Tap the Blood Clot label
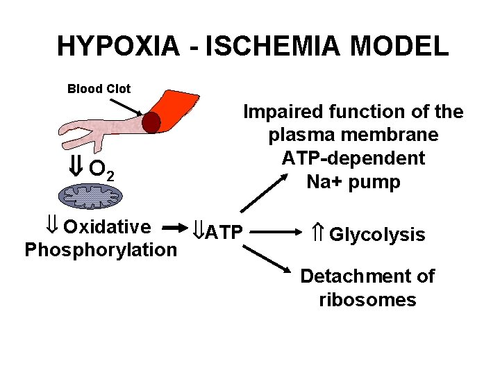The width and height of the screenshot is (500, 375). pos(99,88)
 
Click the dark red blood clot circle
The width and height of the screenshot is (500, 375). pos(151,123)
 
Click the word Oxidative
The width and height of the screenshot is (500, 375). pos(107,227)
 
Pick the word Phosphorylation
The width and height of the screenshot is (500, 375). pos(101,249)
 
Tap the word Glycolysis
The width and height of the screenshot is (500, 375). pos(376,235)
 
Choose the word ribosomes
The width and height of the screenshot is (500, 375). pos(367,299)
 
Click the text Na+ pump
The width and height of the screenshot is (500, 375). pos(353,182)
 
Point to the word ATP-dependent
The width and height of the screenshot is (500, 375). pos(353,158)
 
